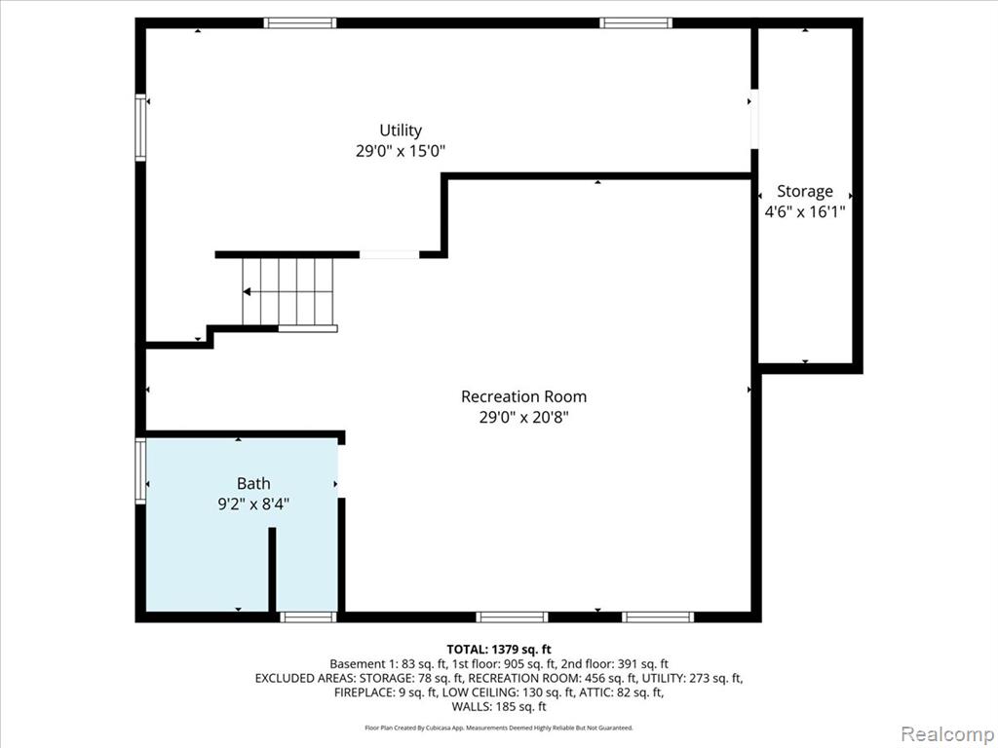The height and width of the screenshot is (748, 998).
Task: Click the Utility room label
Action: coord(401,131)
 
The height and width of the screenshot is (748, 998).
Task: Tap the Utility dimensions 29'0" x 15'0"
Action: coord(401,151)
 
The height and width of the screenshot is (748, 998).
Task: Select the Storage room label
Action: coord(804,192)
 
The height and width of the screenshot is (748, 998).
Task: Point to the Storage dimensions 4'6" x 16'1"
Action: coord(804,211)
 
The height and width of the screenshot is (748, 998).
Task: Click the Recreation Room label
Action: coord(523,396)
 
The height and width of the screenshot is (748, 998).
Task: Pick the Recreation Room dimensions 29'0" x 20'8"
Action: coord(523,417)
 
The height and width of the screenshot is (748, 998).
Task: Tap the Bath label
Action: coord(253,483)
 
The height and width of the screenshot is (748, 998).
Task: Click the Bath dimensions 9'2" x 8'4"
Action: coord(253,505)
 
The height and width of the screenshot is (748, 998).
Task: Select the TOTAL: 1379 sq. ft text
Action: coord(499,650)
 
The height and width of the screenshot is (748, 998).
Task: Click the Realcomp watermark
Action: coord(945,733)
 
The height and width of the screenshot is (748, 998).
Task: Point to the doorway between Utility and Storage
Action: coord(754,118)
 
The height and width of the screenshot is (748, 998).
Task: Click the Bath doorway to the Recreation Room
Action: coord(340,470)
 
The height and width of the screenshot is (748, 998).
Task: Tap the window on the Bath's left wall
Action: coord(140,470)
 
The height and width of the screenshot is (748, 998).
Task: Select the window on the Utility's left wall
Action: coord(140,128)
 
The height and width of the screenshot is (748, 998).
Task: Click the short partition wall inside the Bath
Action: coord(272,569)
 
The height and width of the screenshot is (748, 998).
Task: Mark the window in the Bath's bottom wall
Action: coord(308,617)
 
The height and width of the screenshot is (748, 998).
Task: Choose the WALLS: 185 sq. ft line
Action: coord(499,707)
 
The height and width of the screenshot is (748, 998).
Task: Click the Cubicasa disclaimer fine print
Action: coord(499,728)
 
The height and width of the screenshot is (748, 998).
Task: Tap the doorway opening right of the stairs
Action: coord(390,254)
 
